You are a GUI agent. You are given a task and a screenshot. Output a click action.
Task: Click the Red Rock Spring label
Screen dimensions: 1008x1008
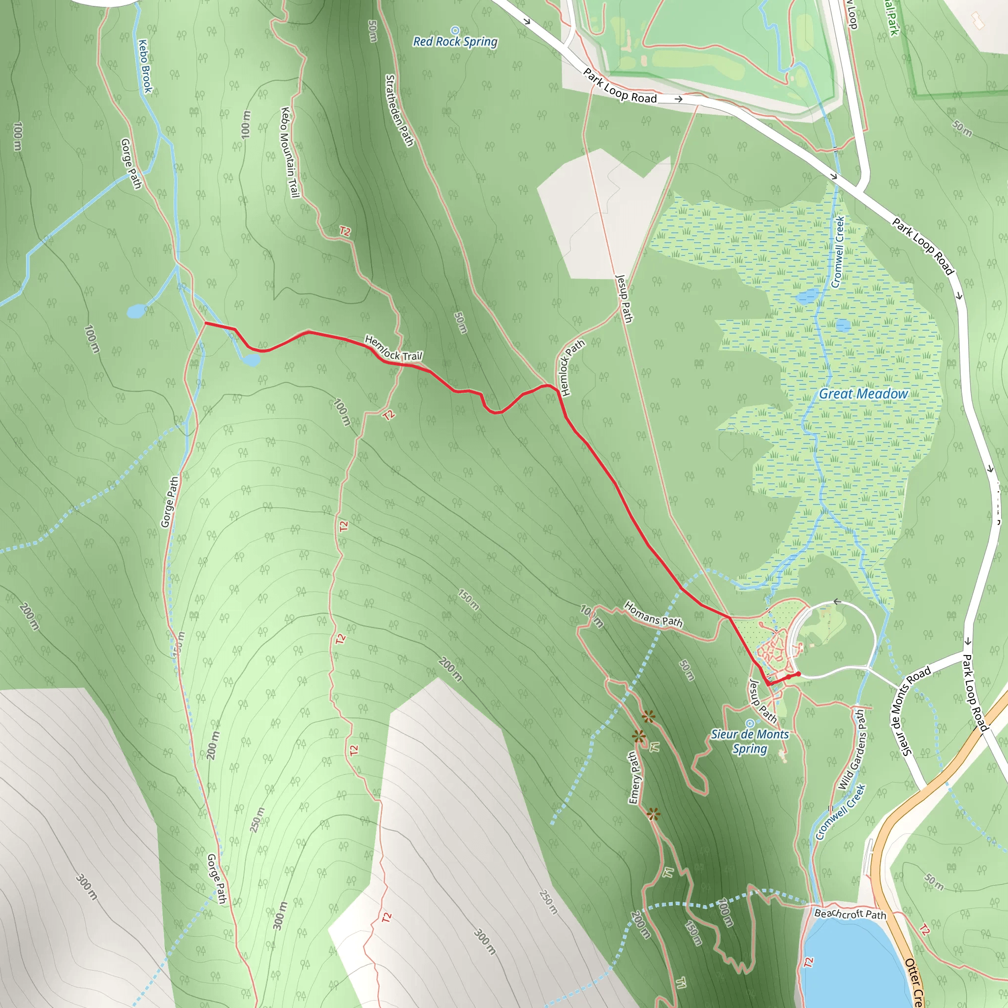(x=455, y=42)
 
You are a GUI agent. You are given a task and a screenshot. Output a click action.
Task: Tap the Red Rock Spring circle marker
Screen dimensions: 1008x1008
(x=455, y=30)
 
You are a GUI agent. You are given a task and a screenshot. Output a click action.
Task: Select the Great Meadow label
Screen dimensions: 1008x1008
(x=863, y=394)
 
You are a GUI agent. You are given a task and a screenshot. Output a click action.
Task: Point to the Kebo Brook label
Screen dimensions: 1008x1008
(x=145, y=66)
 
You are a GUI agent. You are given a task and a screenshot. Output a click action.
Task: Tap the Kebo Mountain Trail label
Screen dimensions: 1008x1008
(x=289, y=153)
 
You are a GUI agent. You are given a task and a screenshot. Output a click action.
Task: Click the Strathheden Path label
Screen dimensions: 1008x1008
(x=399, y=111)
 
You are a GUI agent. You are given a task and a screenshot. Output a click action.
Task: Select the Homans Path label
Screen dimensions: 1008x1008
(x=653, y=614)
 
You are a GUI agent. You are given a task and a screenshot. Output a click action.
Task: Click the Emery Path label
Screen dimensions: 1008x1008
(x=634, y=777)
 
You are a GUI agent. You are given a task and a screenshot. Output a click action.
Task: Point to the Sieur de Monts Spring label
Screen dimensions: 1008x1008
(x=750, y=741)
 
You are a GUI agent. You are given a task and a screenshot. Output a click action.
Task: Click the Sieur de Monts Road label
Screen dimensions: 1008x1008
(x=910, y=711)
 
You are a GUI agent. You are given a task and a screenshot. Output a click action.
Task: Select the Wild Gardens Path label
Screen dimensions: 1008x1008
(x=852, y=750)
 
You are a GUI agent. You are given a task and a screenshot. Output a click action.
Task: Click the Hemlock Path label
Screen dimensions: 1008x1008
(x=572, y=367)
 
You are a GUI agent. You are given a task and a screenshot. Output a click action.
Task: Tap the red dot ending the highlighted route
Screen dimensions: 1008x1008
(x=798, y=674)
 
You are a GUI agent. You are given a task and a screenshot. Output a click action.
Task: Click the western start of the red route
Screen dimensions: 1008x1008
(x=206, y=323)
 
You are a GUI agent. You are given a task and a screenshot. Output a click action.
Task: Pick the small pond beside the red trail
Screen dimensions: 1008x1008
(x=251, y=359)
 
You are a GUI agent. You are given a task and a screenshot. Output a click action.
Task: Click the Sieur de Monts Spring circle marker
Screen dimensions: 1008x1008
(x=750, y=723)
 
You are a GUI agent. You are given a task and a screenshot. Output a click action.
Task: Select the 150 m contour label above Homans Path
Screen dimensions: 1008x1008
(x=469, y=599)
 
